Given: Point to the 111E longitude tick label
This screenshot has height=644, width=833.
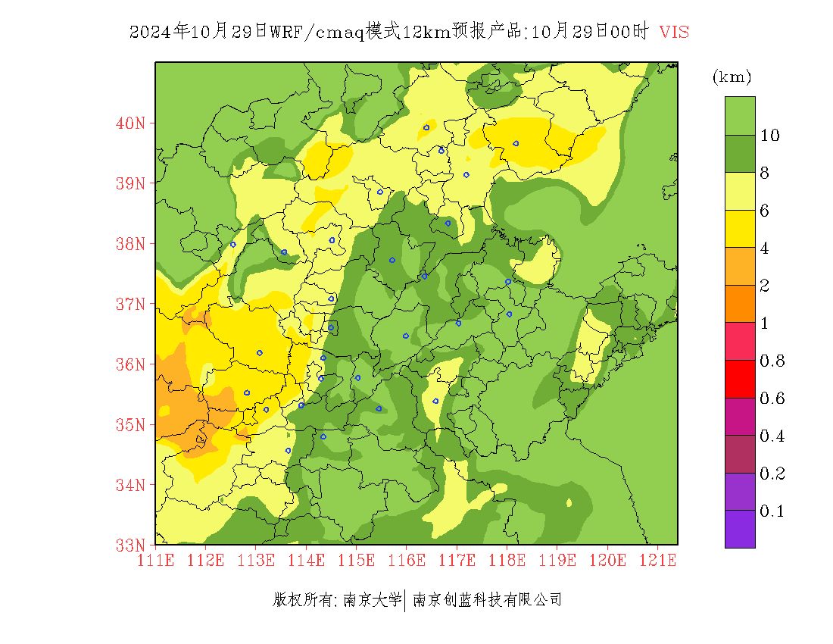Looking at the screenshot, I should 155,561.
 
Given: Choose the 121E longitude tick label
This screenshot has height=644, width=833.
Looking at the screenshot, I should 657,561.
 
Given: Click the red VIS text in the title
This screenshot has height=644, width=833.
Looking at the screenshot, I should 674,32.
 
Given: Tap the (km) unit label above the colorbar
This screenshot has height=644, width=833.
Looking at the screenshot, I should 732,77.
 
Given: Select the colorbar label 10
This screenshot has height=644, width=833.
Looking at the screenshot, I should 770,136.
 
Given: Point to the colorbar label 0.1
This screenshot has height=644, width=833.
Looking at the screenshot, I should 772,511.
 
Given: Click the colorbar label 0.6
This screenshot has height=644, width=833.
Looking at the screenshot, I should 772,399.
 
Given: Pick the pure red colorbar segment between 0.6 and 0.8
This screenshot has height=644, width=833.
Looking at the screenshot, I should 740,380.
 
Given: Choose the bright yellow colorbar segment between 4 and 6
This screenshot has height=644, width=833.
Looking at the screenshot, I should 740,229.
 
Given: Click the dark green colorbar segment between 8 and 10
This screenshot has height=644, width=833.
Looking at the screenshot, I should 740,154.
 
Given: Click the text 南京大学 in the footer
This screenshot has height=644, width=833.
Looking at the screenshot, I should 372,600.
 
